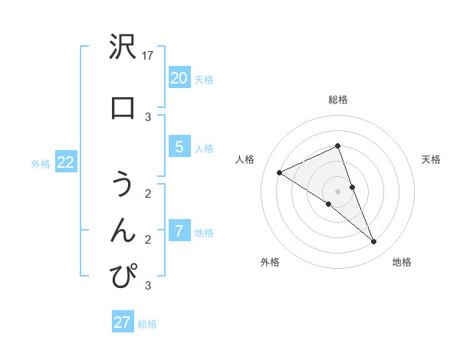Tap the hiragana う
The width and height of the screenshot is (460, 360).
tap(123, 185)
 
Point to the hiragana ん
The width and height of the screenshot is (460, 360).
tap(123, 230)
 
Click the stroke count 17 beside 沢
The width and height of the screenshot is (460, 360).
tap(148, 56)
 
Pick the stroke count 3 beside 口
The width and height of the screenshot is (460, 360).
tap(148, 116)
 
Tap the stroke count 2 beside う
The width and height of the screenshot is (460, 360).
tap(148, 193)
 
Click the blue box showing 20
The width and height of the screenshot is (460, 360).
tap(179, 78)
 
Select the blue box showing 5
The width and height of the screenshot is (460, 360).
tap(179, 147)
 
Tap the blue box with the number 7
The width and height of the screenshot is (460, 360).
tap(179, 231)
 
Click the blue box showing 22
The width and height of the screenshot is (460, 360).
tap(65, 162)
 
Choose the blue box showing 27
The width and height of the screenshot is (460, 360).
tap(123, 322)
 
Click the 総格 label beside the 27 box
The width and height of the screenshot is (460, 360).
tap(147, 324)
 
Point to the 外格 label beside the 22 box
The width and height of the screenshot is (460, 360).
tap(41, 163)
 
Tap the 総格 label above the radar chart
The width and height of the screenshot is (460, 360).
tap(337, 100)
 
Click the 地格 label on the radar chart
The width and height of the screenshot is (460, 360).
tap(402, 262)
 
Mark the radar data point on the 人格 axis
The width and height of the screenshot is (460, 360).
tap(279, 172)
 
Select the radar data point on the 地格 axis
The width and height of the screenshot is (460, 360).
tap(373, 241)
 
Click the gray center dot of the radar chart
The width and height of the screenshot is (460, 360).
tap(337, 191)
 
